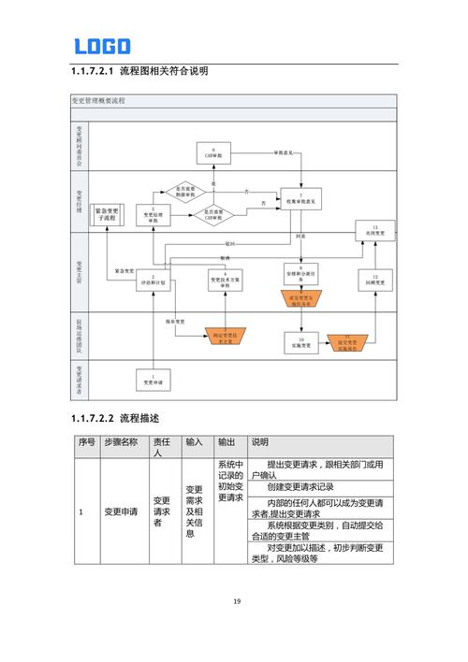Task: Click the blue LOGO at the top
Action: (x=102, y=46)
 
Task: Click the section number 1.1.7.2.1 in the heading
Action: (x=93, y=71)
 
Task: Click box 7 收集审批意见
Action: (x=300, y=197)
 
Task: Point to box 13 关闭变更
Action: (x=374, y=230)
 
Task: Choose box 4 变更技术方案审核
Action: (x=225, y=280)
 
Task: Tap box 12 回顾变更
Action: (x=374, y=280)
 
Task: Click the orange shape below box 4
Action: (x=225, y=337)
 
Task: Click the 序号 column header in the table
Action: (x=86, y=442)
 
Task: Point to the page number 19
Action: (x=236, y=600)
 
